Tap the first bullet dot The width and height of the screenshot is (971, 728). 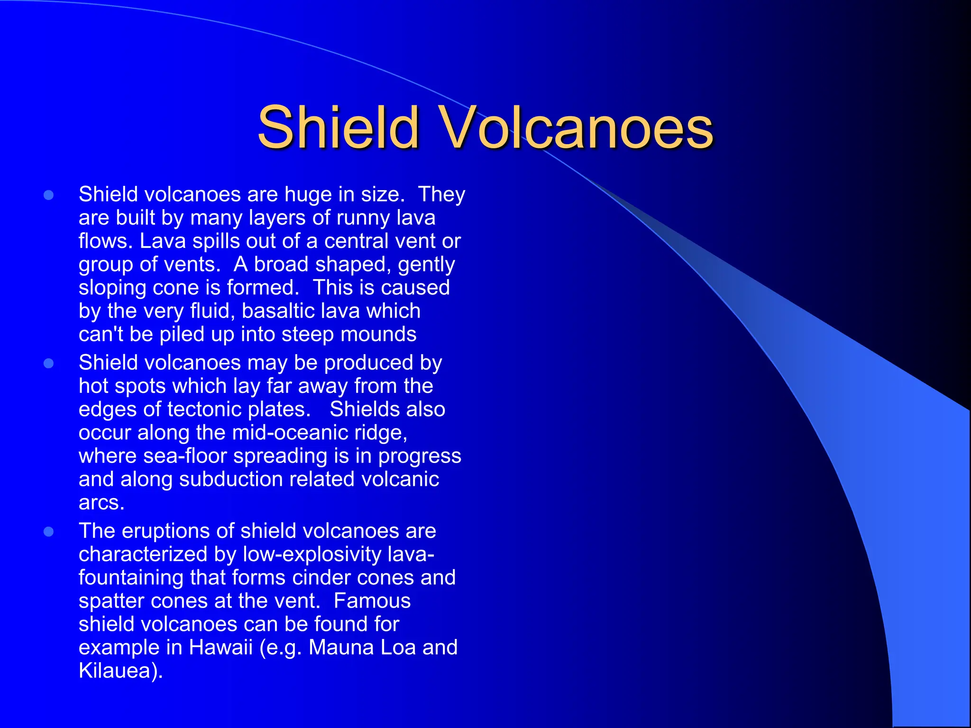tap(48, 195)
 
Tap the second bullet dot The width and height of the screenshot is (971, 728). tap(48, 364)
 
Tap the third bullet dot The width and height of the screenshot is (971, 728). tap(48, 532)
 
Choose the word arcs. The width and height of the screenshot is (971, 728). tap(101, 503)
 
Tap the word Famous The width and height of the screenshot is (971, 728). tap(372, 601)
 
